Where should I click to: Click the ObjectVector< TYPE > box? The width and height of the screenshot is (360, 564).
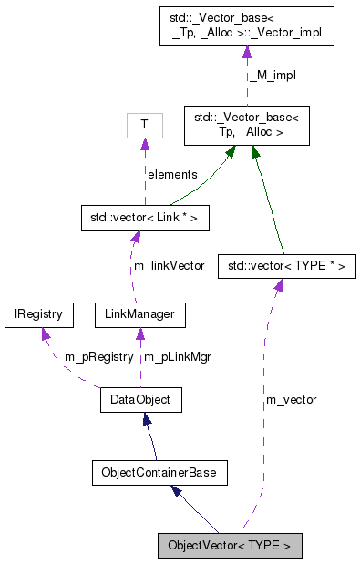pos(229,546)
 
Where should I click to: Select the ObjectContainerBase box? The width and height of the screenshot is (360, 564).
pos(159,473)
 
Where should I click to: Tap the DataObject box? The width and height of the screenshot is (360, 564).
pos(140,399)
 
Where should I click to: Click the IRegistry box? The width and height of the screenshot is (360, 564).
pos(38,315)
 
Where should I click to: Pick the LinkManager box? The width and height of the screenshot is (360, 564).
pos(139,315)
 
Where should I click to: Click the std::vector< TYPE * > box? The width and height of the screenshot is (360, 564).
pos(286,266)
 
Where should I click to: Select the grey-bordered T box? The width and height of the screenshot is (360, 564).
pos(143,124)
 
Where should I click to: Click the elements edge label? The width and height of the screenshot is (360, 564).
pos(171,173)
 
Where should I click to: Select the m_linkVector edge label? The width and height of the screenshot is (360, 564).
pos(169,266)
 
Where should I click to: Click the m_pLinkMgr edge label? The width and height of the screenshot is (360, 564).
pos(178,356)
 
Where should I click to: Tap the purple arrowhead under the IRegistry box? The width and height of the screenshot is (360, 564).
pos(44,334)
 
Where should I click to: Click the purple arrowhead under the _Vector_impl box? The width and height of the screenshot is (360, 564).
pos(246,54)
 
